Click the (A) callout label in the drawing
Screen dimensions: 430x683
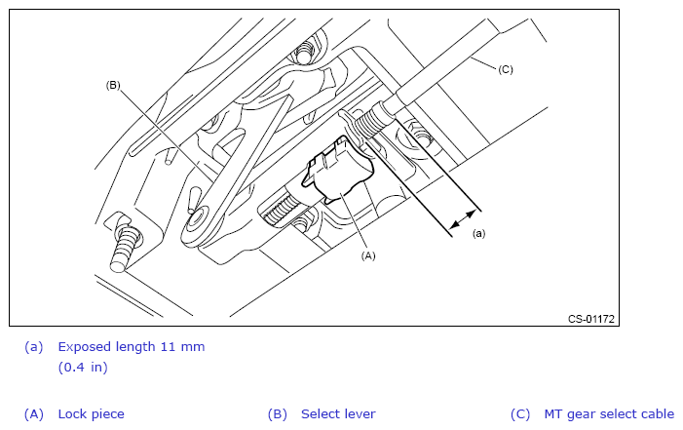(367, 255)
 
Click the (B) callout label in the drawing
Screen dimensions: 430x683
(112, 85)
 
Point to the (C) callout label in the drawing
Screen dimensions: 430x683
(505, 68)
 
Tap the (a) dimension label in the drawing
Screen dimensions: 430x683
(478, 234)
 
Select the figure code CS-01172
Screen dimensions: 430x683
(592, 318)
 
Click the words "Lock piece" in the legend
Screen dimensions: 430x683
(91, 413)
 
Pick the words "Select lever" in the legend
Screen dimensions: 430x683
(338, 413)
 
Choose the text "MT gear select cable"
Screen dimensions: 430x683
(609, 413)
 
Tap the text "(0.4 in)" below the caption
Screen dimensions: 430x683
(83, 368)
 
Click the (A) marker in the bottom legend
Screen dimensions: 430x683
(34, 413)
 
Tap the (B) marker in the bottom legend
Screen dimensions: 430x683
(278, 413)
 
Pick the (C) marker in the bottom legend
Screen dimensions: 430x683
(520, 413)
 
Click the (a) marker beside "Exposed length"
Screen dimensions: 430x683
(34, 346)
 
